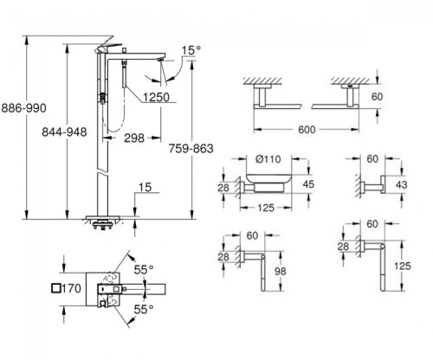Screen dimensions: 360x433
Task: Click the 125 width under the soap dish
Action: click(268, 209)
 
